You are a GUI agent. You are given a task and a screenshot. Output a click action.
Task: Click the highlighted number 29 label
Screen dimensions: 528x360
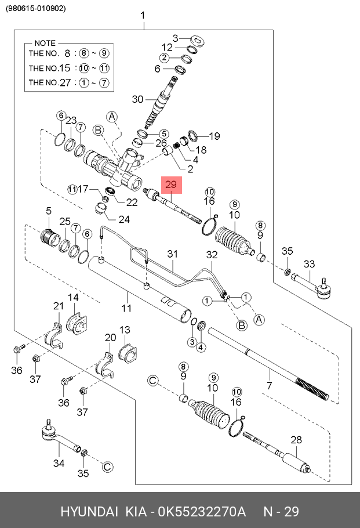tap(172, 185)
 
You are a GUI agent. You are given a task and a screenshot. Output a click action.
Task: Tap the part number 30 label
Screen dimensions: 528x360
tap(137, 99)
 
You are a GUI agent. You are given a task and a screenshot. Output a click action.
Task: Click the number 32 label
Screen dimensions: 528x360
tap(212, 254)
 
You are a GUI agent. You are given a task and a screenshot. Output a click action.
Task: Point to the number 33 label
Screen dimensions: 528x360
tap(309, 264)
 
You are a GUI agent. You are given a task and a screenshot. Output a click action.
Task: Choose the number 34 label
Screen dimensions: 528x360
tap(59, 463)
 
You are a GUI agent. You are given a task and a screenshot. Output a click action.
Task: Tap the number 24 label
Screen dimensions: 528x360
tap(124, 219)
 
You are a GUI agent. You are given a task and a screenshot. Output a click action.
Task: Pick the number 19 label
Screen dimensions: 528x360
tap(214, 136)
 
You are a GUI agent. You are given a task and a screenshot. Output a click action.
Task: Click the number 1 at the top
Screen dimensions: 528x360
tap(143, 16)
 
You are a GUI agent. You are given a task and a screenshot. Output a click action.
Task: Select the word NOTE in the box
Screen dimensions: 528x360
tap(45, 44)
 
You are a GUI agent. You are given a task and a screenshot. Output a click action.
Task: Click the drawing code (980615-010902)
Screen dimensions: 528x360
tap(36, 9)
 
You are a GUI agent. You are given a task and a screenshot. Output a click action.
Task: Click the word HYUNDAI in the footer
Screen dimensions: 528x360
tap(88, 512)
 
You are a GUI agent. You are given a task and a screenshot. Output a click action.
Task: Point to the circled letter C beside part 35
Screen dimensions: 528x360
tap(107, 466)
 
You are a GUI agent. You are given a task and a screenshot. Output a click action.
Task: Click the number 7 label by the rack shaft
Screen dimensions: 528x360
tap(268, 386)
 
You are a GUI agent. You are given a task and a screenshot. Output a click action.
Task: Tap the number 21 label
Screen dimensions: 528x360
tap(58, 306)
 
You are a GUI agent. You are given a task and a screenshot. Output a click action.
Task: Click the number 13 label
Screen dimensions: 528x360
tap(125, 330)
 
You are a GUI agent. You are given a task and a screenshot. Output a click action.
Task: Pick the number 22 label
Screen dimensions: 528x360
tap(132, 202)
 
